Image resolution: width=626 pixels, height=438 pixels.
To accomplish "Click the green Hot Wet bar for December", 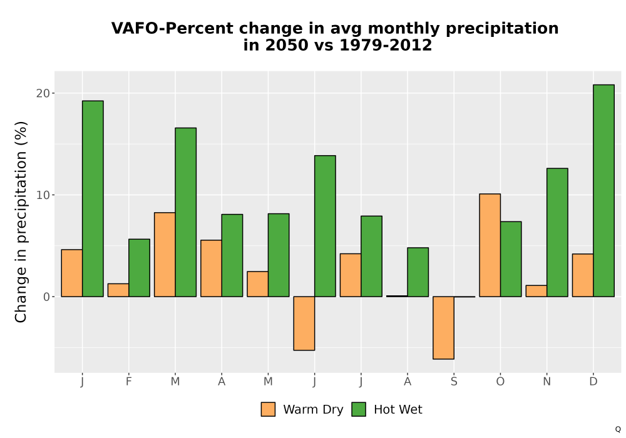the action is coord(603,191).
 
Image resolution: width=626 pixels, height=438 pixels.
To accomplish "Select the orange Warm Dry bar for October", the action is coord(490,245).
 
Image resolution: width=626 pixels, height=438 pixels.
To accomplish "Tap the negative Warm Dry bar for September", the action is coord(444,328).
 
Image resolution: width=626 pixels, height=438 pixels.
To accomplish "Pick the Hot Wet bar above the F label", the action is coord(140,268).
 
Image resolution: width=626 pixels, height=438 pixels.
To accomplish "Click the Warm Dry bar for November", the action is coord(536,291).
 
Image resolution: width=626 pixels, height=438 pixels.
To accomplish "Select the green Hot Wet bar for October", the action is coord(511,259).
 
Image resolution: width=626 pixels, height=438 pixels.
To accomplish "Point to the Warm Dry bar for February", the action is coord(118,290).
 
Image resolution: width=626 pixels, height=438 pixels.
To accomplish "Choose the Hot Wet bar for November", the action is coord(557,233).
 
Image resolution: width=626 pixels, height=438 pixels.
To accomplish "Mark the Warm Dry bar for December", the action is coord(583,275).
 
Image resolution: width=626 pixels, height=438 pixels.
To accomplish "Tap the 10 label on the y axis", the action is coord(43,195).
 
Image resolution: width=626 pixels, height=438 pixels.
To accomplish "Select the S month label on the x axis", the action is coord(454,382).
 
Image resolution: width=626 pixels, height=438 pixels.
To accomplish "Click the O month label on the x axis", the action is coord(500,382).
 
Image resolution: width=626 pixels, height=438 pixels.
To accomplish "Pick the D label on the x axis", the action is coord(593,382).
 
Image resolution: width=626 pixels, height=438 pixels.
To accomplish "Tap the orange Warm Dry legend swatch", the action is coord(269,409).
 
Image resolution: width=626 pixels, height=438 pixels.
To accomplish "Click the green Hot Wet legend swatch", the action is coord(359,409).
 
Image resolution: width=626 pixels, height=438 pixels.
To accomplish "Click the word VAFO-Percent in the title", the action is coord(172,28).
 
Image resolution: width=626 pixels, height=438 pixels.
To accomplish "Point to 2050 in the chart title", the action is coord(287,45).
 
